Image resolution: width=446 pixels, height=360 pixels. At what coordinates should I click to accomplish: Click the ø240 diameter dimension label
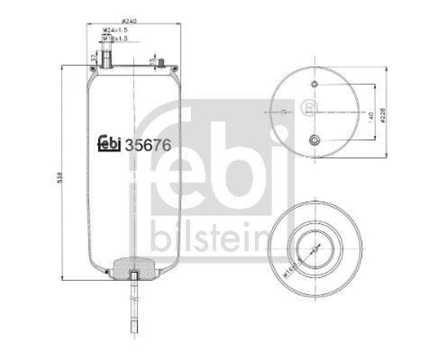pyautogui.click(x=129, y=21)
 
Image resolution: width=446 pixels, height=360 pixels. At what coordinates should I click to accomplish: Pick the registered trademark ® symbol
pyautogui.click(x=307, y=105)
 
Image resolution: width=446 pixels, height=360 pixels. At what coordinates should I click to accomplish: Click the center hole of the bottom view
pyautogui.click(x=315, y=249)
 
